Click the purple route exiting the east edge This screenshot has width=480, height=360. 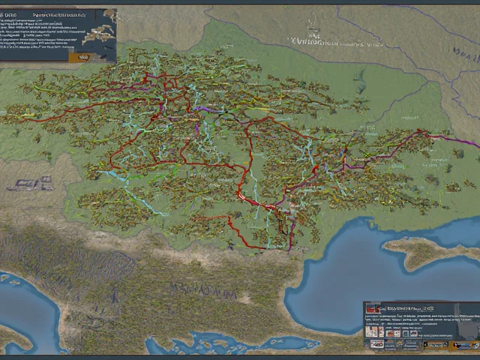coord(461,141)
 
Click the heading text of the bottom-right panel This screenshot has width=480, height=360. coord(405,307)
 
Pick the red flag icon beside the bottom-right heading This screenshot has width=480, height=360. coord(370,308)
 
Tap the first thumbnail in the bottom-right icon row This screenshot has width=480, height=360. coord(371,330)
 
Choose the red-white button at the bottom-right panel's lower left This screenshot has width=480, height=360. coord(375,344)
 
